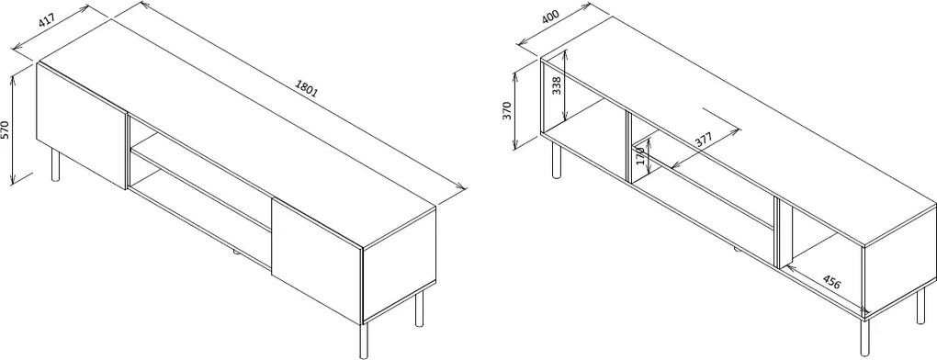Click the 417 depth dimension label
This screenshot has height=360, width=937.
[x=47, y=20]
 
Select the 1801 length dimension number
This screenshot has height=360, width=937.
[x=307, y=88]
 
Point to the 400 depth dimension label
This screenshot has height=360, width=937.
[x=550, y=17]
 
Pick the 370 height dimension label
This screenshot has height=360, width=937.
[x=507, y=111]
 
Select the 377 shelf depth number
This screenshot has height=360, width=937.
[x=705, y=141]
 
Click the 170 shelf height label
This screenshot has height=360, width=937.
[x=640, y=155]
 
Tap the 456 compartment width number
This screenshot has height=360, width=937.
[x=831, y=281]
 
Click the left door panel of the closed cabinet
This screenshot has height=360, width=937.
[x=82, y=127]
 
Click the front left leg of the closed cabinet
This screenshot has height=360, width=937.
[x=55, y=165]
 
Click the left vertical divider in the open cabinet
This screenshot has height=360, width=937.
[x=628, y=147]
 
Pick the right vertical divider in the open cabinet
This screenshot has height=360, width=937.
[x=777, y=232]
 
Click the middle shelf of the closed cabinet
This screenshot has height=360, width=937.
[x=201, y=190]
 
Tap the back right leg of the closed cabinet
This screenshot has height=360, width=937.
[x=419, y=309]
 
